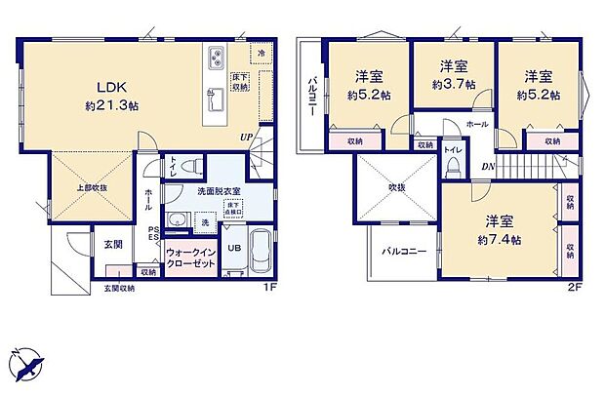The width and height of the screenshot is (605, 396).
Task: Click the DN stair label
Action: click(x=486, y=167)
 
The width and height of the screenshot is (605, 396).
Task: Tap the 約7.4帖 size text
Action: click(x=499, y=239)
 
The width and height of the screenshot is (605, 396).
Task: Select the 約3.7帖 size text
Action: click(x=453, y=84)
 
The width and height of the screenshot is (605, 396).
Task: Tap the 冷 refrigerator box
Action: click(x=262, y=51)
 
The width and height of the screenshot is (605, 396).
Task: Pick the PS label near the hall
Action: click(x=152, y=230)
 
